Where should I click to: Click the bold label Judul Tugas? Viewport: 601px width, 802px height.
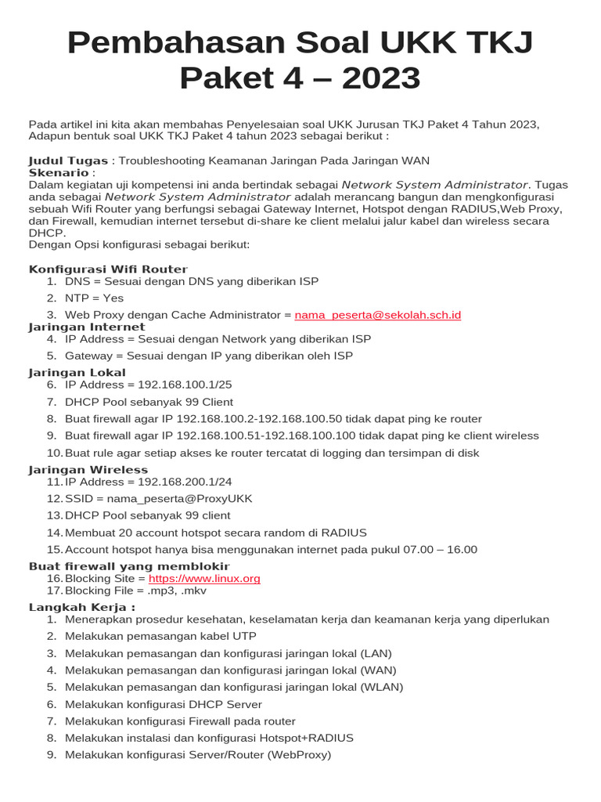coord(68,161)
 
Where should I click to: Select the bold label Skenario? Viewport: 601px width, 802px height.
coord(59,172)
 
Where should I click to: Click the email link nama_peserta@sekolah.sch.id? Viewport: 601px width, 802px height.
coord(378,315)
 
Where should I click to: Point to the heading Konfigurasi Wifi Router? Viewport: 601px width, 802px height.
coord(108,269)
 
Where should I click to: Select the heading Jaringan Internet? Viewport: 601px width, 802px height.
coord(87,327)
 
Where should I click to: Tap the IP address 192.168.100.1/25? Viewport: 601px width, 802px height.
coord(185,385)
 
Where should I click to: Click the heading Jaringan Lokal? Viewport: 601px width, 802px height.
coord(77,373)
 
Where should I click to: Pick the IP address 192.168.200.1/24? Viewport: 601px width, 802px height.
coord(185,482)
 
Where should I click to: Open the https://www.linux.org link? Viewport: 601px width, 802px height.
coord(204,579)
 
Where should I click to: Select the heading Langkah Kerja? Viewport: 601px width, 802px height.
coord(81,608)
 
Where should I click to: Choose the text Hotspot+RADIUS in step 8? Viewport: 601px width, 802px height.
coord(309,739)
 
